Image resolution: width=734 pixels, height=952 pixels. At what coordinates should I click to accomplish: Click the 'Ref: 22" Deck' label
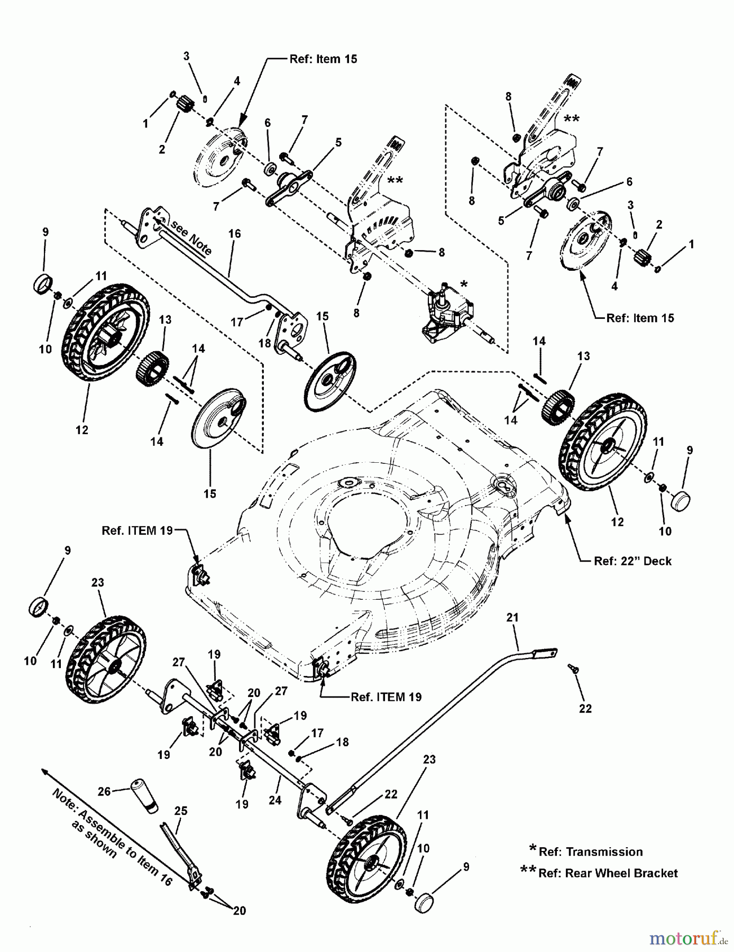click(632, 561)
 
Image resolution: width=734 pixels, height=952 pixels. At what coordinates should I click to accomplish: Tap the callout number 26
click(105, 791)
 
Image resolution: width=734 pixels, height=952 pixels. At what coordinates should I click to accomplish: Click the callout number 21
click(512, 617)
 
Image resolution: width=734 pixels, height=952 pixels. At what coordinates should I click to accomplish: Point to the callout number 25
click(181, 811)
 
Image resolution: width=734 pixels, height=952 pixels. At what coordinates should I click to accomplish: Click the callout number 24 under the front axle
click(274, 800)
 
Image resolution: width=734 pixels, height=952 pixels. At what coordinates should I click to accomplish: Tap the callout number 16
click(234, 233)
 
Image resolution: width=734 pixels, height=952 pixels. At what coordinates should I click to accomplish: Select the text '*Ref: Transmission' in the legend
click(587, 852)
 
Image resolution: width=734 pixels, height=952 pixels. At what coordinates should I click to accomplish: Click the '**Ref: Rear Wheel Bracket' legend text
click(600, 873)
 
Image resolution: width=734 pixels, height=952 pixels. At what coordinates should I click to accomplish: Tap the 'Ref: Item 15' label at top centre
click(323, 59)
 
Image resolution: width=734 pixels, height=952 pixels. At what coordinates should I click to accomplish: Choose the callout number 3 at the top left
click(186, 56)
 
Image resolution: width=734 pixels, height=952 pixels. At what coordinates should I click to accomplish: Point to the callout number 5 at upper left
click(338, 142)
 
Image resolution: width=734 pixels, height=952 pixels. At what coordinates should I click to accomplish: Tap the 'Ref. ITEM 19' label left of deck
click(137, 530)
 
